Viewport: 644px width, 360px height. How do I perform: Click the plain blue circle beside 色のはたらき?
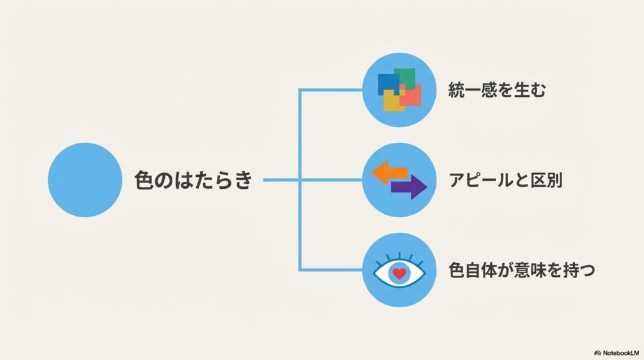pyautogui.click(x=84, y=180)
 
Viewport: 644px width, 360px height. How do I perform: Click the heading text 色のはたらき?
pyautogui.click(x=194, y=181)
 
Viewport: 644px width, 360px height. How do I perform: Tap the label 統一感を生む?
pyautogui.click(x=497, y=90)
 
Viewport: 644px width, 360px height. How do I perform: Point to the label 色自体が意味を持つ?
pyautogui.click(x=521, y=271)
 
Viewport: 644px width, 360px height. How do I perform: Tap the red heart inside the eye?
pyautogui.click(x=399, y=273)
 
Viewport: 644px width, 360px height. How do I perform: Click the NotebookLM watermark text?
pyautogui.click(x=619, y=353)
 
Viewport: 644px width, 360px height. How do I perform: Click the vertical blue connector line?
pyautogui.click(x=300, y=181)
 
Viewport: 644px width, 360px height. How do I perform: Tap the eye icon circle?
pyautogui.click(x=400, y=271)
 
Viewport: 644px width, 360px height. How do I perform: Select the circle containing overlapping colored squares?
pyautogui.click(x=400, y=90)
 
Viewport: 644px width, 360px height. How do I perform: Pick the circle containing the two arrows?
pyautogui.click(x=400, y=180)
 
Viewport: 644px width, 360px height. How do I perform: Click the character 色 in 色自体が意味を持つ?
pyautogui.click(x=457, y=271)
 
